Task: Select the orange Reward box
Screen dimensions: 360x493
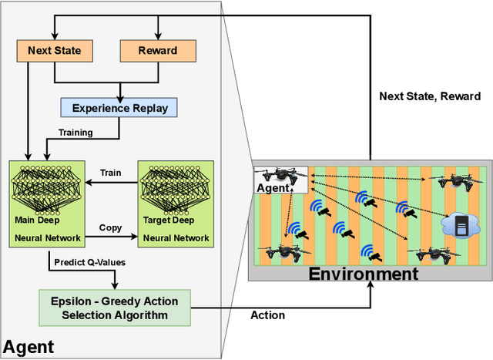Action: click(157, 52)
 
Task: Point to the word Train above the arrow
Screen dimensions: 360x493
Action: click(112, 174)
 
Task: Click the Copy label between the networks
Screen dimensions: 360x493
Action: click(111, 229)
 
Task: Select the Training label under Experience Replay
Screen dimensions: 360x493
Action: click(75, 133)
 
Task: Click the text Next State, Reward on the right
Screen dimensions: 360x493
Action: click(431, 97)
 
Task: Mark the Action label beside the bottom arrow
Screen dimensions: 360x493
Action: click(268, 315)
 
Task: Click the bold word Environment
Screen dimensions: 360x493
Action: click(364, 274)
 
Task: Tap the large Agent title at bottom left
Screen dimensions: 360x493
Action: click(29, 346)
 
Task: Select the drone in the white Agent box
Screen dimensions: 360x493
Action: click(279, 177)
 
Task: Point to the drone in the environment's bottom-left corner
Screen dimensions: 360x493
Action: click(278, 252)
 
